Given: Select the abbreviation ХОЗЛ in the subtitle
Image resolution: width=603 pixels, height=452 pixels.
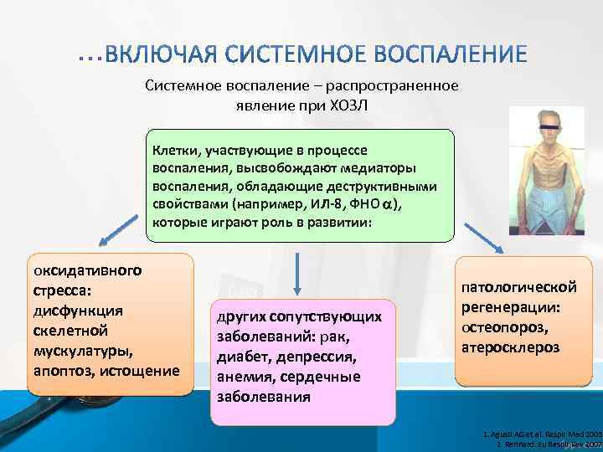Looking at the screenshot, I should click(348, 108).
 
